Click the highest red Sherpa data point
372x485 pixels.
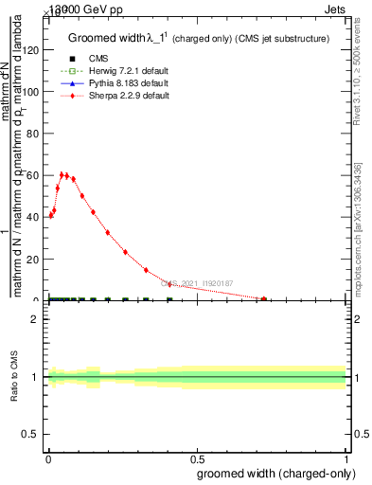[62, 174]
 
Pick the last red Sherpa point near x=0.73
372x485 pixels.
[264, 299]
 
